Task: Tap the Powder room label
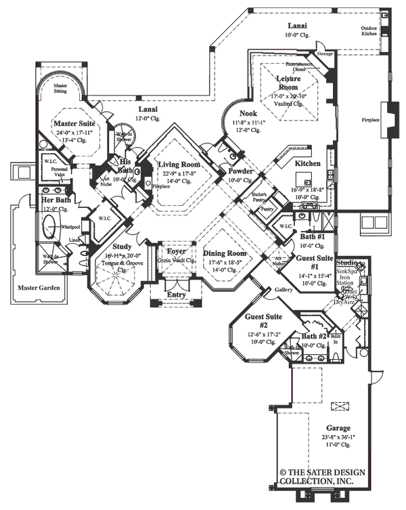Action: (240, 171)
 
